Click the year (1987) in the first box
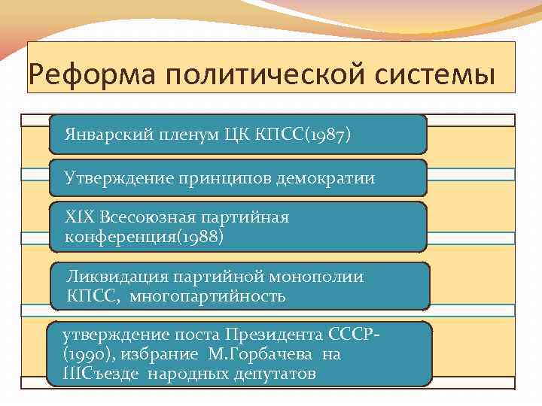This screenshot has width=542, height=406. [326, 135]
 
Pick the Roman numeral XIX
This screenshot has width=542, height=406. [78, 218]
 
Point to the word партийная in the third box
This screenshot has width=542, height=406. [245, 218]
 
